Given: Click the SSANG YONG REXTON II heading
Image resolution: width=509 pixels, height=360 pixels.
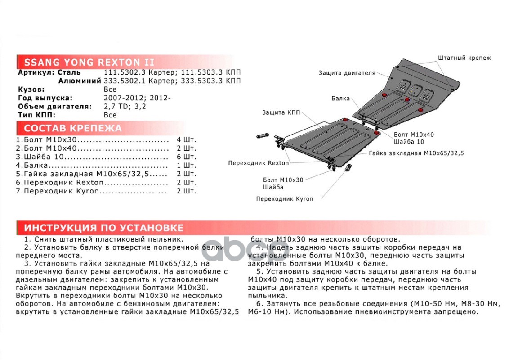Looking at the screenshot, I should (x=89, y=62).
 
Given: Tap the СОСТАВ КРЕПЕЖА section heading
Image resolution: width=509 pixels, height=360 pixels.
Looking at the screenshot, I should (x=73, y=128).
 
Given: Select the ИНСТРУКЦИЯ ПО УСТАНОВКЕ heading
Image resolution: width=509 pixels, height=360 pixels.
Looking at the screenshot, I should (x=103, y=227).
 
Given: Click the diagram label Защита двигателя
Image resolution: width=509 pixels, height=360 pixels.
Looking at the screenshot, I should (x=347, y=73).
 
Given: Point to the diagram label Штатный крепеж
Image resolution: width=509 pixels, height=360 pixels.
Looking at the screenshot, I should (x=464, y=58).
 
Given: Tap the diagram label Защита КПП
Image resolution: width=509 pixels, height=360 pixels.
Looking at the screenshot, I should (x=281, y=112).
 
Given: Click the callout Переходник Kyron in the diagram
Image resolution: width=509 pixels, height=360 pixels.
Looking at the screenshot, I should (x=285, y=198).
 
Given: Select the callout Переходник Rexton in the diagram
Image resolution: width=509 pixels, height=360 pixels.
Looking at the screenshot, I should (x=259, y=163).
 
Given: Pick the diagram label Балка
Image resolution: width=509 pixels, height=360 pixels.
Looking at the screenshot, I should (x=340, y=98).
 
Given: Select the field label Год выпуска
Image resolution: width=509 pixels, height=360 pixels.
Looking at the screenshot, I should (x=45, y=98).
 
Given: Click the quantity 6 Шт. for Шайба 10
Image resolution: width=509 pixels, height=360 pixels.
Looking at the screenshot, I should (x=187, y=157).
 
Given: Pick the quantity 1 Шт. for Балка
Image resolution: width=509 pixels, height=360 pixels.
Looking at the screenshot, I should (x=187, y=166).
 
